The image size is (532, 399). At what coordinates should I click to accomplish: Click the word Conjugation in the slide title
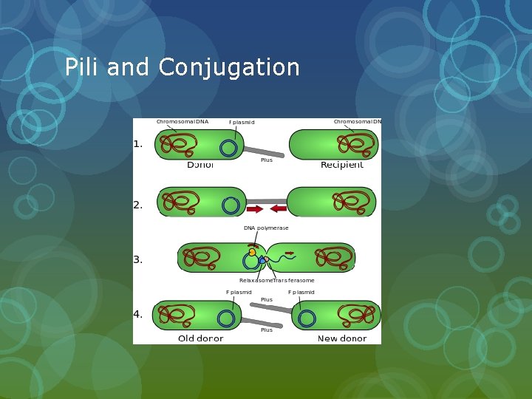coord(229,68)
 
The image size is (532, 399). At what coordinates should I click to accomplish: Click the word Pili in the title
coord(82,67)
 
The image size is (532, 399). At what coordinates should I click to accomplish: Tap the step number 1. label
coord(138,144)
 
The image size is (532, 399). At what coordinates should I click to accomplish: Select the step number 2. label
coord(138,205)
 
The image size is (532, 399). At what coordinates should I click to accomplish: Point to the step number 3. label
coord(138,259)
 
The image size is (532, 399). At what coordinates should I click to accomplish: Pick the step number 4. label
coord(138,314)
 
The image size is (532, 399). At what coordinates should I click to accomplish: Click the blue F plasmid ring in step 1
coord(228,149)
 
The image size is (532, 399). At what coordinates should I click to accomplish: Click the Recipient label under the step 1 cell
coord(341,165)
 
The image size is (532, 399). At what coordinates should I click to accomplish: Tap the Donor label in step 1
coord(200,165)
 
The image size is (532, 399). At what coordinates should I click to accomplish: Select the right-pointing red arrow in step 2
coord(255,208)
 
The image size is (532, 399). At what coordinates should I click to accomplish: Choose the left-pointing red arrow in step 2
coord(279,208)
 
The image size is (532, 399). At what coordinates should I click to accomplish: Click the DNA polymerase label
coord(266,228)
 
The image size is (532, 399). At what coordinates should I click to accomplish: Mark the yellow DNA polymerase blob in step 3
coord(252,252)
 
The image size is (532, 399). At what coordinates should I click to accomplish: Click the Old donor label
coord(200,338)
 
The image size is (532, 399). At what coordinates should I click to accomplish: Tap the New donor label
coord(342,338)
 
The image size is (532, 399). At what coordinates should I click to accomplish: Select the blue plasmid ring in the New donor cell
coord(307,318)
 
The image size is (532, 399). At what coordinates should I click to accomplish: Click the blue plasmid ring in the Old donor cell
coord(226,318)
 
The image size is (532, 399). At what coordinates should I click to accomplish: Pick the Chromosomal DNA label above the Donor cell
coord(182,121)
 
